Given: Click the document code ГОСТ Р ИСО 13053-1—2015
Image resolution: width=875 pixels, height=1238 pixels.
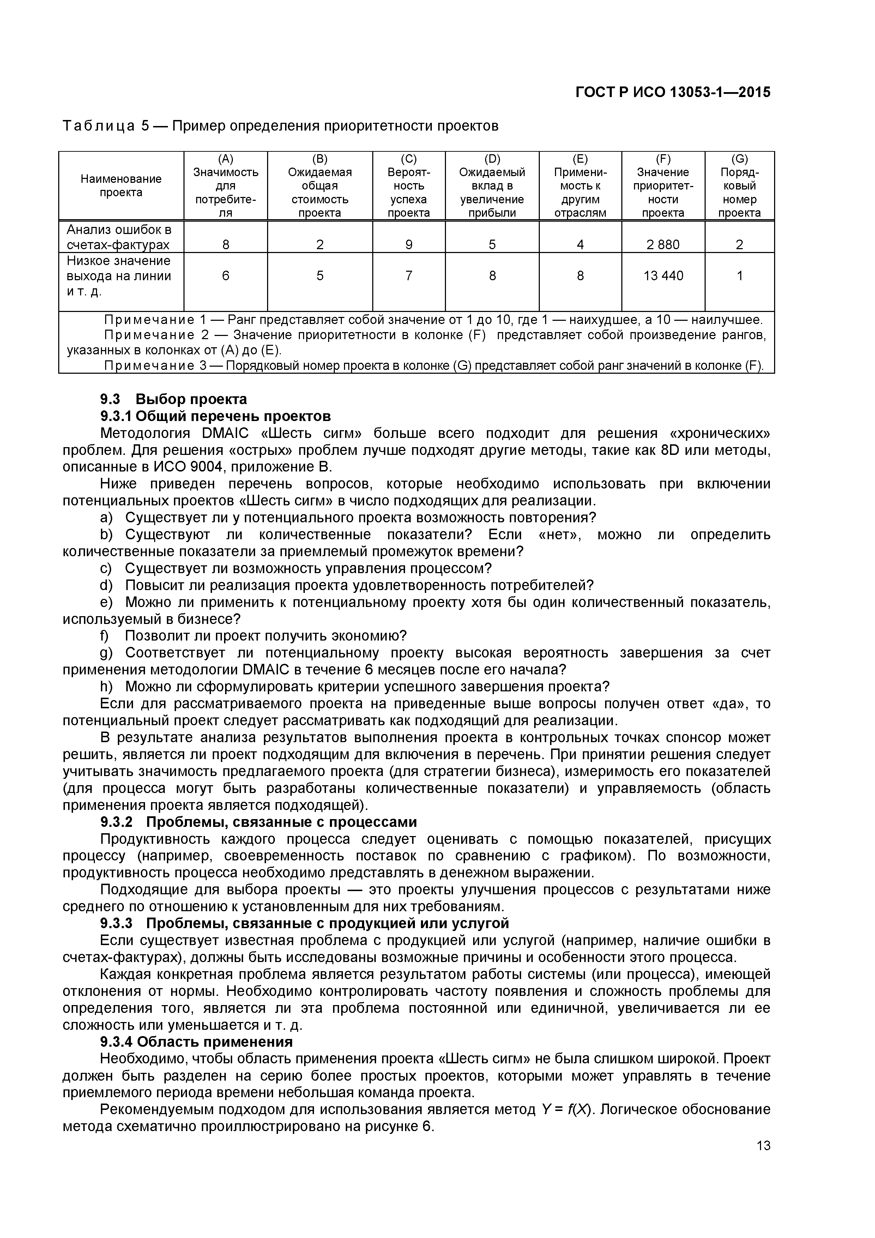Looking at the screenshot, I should [x=673, y=92].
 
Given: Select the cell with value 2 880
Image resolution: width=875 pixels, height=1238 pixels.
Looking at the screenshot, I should [x=663, y=245].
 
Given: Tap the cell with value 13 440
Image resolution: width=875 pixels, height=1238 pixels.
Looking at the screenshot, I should [x=663, y=276].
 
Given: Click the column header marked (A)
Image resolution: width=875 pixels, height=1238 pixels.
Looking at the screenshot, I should [x=225, y=158].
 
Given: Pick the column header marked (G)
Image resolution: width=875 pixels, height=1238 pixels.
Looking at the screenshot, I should [x=739, y=158].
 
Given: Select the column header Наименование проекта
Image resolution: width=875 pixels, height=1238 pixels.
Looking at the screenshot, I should [x=121, y=186].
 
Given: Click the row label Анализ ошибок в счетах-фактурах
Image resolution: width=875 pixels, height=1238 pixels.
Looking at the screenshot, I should [x=119, y=237].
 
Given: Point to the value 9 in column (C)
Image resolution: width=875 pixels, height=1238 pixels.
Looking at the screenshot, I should [x=409, y=245].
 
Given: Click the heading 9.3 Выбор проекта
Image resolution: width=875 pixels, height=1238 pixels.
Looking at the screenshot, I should [x=174, y=399].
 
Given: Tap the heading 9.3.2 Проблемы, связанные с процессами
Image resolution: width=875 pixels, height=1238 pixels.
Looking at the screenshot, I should [x=259, y=822].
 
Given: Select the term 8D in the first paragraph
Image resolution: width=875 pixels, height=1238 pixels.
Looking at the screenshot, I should [x=669, y=450].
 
